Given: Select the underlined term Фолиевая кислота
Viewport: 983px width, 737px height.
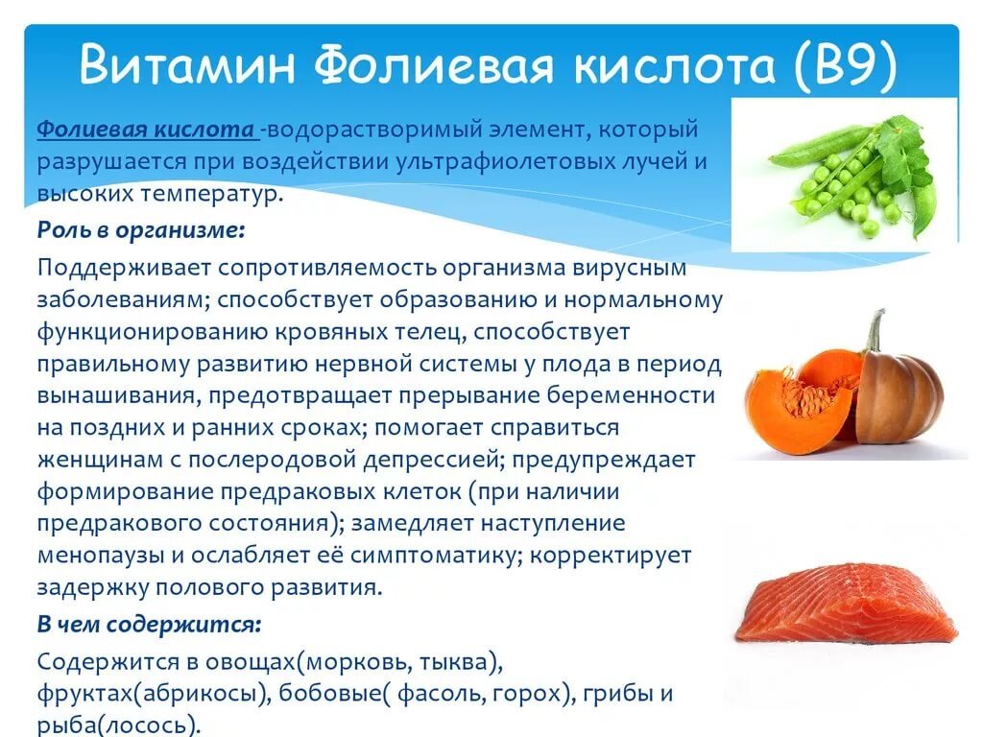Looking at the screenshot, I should coord(147,129).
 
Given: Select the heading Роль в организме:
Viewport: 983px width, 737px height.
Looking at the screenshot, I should coord(141,229).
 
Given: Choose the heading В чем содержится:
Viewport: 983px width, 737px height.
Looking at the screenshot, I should coord(149,624).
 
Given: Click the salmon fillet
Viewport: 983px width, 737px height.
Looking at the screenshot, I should coord(845,607).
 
